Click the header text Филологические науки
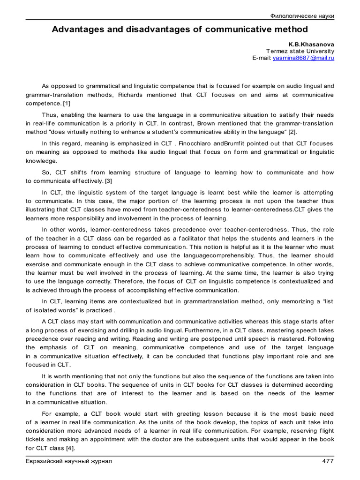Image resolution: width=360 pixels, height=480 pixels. tap(303, 16)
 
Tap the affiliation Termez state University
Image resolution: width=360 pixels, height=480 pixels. tap(300, 51)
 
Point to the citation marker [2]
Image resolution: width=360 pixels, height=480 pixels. tap(292, 132)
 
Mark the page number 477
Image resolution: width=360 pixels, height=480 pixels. tap(328, 461)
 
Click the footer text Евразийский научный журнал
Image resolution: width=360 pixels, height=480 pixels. tap(68, 461)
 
